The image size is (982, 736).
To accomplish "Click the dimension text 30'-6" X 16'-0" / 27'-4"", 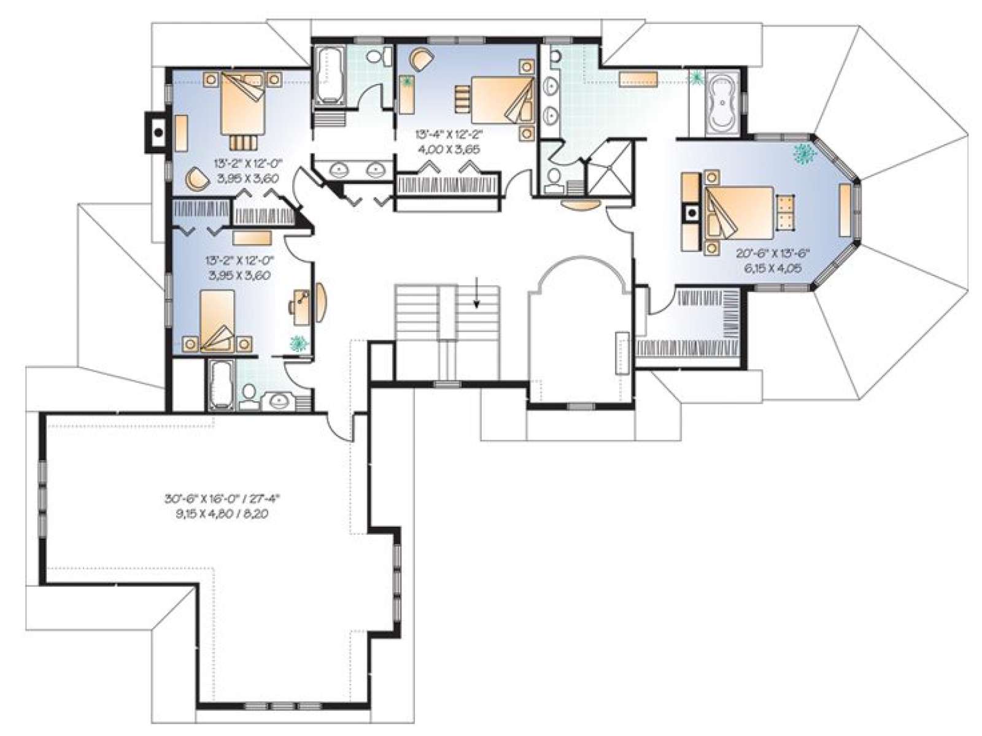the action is [x=225, y=498].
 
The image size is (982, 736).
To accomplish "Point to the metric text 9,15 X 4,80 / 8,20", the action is [x=222, y=515].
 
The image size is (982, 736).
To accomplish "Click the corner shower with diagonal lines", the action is [x=610, y=167].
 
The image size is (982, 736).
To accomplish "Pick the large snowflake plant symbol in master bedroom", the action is [x=805, y=153].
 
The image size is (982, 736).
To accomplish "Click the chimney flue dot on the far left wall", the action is [x=158, y=132].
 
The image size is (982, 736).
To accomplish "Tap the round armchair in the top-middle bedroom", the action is [x=421, y=58].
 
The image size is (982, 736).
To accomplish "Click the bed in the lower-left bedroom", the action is [x=217, y=321].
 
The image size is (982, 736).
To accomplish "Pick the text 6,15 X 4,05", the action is [x=773, y=269].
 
